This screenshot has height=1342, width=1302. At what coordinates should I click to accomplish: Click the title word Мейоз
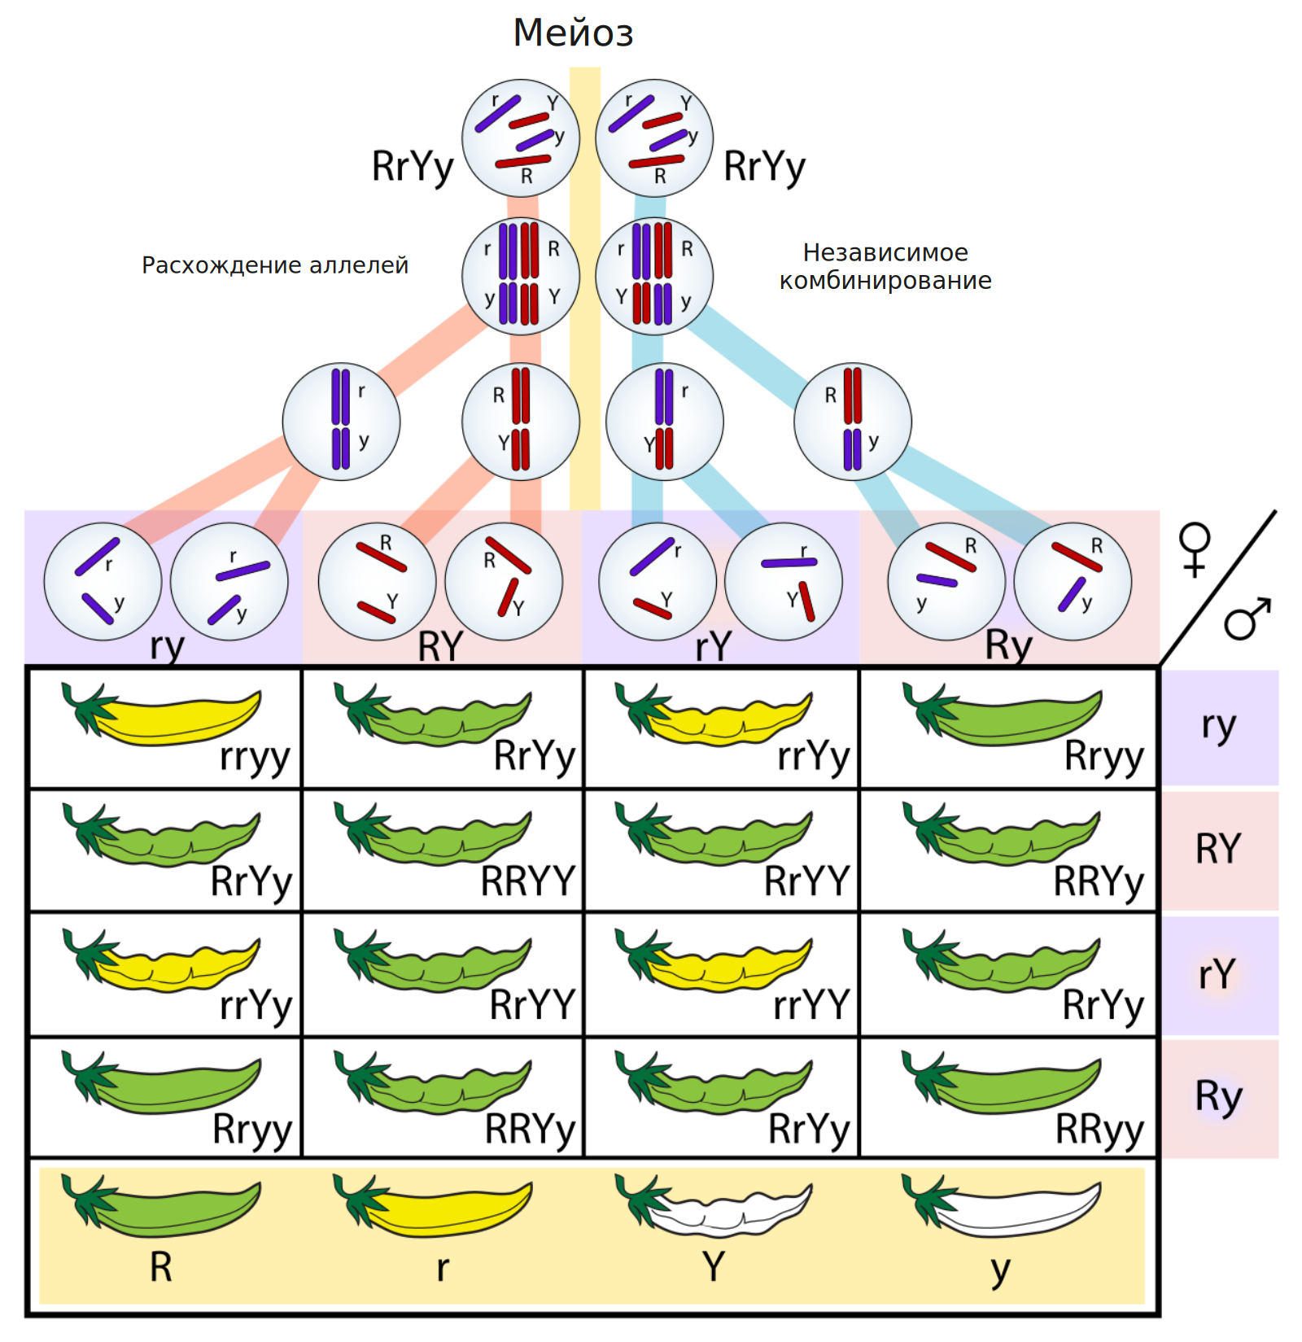[573, 33]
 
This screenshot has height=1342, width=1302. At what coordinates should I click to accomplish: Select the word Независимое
[885, 252]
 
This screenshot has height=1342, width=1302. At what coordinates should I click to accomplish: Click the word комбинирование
[885, 282]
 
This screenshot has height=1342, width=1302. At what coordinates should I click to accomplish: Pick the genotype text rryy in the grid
[255, 758]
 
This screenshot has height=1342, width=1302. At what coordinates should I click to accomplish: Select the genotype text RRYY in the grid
[528, 881]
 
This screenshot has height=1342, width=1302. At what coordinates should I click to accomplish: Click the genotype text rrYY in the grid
[811, 1005]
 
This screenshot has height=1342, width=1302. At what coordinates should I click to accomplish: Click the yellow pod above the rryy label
[163, 715]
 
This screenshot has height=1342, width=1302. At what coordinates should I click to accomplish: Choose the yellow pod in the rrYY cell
[714, 960]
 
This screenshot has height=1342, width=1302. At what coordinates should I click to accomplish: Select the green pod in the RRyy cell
[1002, 1082]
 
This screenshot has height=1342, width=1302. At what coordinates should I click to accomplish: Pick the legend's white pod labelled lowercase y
[1002, 1206]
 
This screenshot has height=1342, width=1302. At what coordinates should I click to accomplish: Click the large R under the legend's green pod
[161, 1267]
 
